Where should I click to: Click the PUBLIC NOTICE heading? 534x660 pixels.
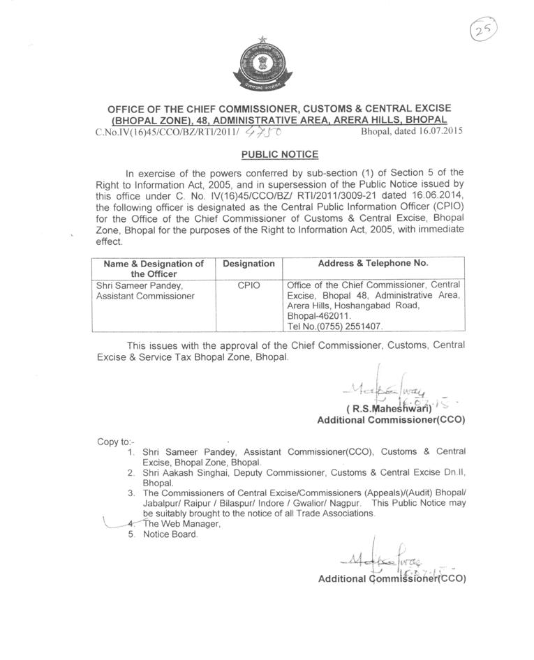point(279,154)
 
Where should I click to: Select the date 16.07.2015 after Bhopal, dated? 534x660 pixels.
point(438,130)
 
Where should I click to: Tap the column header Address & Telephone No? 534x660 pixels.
point(373,264)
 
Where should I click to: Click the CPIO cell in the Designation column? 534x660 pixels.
point(249,285)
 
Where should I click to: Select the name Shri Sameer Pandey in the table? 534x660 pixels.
point(139,285)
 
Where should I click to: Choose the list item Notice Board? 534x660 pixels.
point(170,534)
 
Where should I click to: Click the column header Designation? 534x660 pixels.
point(249,264)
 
